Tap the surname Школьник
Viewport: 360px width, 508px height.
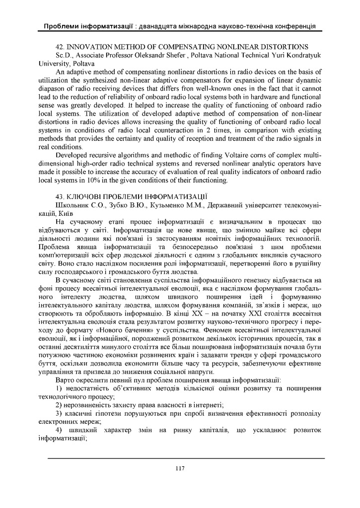[73, 205]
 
